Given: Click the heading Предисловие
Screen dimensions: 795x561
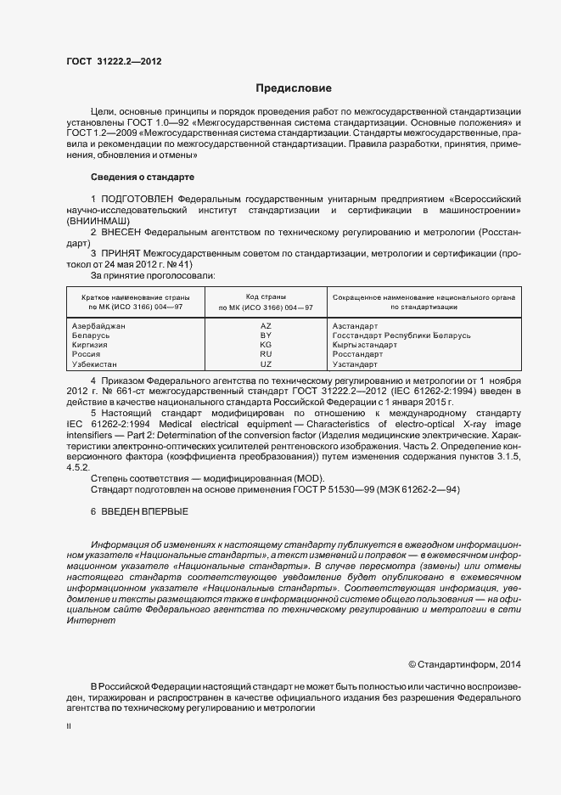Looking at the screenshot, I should tap(294, 88).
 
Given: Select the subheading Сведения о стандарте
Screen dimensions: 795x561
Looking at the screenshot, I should tap(143, 177).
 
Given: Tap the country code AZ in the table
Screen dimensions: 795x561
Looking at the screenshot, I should tap(266, 326).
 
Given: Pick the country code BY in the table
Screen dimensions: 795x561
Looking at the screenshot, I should tap(266, 335).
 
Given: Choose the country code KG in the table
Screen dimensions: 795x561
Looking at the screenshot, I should tap(266, 345).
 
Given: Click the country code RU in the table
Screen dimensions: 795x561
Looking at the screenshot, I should tap(266, 354).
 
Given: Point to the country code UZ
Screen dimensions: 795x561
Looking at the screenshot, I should tap(266, 364).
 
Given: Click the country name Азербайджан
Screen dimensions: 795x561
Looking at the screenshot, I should tap(99, 326).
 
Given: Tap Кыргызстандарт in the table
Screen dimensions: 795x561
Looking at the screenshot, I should tap(365, 345).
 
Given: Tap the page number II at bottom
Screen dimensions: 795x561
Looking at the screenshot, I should tap(68, 726).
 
